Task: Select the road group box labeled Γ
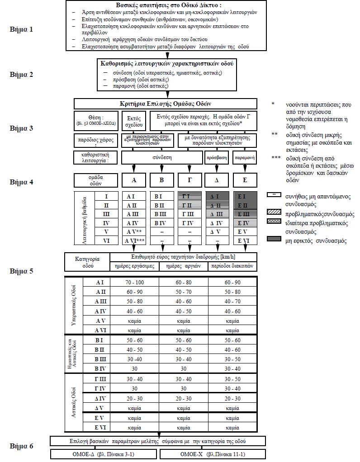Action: tap(189, 180)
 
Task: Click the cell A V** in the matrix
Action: tap(134, 231)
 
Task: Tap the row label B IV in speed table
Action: tap(100, 369)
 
